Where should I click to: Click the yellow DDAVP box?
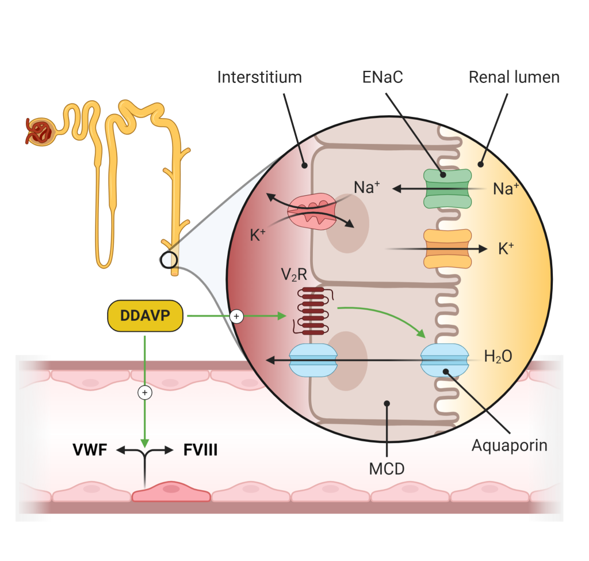[x=146, y=316]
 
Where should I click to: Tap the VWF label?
[x=90, y=450]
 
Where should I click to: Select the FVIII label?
[x=200, y=450]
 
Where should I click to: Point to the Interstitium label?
[x=259, y=77]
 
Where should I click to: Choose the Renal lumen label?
[x=514, y=77]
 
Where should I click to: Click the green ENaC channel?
[x=448, y=188]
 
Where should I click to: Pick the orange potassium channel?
[x=448, y=249]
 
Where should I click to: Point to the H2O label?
[x=498, y=357]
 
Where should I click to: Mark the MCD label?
[x=387, y=468]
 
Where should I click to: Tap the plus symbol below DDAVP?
[x=145, y=393]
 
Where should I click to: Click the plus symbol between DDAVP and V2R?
[x=236, y=316]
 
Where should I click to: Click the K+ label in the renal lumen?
[x=504, y=249]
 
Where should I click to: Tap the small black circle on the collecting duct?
[x=169, y=260]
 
